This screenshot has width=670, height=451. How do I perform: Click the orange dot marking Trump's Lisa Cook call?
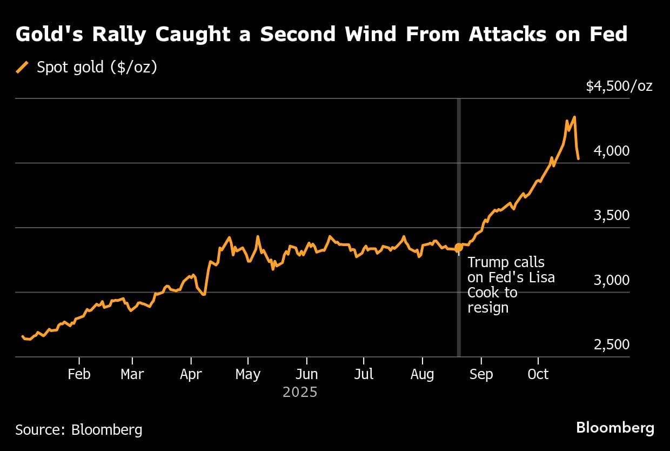459,248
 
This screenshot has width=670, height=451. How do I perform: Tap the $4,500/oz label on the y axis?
619,86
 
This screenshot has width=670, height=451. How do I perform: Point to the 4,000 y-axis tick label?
612,151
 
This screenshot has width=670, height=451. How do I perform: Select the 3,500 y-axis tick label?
612,215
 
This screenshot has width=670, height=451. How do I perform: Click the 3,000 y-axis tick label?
612,280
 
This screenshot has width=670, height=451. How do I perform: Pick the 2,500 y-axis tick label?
612,344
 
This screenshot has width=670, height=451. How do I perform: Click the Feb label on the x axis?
79,374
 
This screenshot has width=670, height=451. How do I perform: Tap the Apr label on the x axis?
191,374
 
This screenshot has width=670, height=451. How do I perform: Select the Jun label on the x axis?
306,374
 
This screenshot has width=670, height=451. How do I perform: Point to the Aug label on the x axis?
422,374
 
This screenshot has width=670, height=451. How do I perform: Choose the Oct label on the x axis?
538,374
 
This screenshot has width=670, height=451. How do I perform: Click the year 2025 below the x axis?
300,392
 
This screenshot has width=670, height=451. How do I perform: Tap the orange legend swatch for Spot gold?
22,68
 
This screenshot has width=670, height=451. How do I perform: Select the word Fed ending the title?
609,35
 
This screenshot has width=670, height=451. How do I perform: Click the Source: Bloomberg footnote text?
79,430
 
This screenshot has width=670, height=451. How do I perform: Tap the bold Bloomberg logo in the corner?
615,428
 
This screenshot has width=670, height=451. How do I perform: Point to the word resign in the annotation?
488,308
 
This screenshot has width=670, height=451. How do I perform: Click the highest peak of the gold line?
574,117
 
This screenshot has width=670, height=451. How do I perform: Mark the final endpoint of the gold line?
579,158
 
